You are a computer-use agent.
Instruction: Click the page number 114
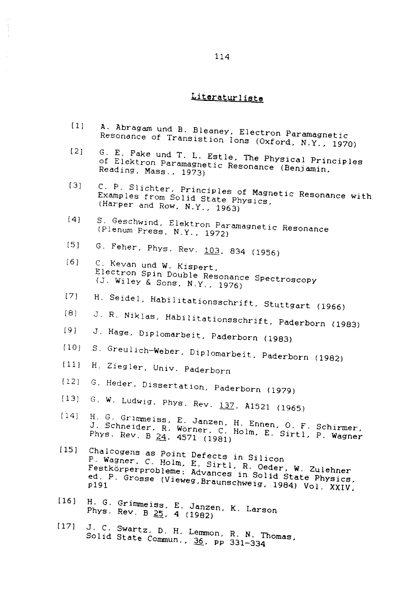click(x=222, y=57)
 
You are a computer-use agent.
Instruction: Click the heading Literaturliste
click(x=227, y=97)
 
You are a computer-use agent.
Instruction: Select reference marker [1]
click(x=77, y=126)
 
